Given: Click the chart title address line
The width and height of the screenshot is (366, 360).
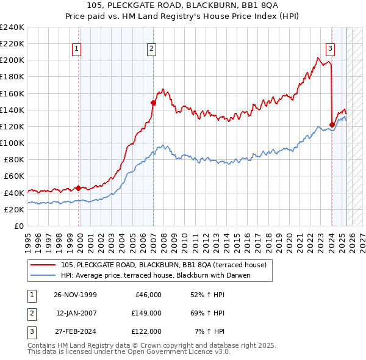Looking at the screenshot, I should click(182, 5).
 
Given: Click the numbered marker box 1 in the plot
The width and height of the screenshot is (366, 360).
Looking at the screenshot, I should click(77, 49).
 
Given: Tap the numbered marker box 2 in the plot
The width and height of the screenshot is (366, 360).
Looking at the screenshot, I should click(151, 49).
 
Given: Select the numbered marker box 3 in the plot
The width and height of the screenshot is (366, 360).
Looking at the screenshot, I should click(330, 49).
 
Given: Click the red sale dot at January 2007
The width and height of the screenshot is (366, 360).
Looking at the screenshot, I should click(153, 103).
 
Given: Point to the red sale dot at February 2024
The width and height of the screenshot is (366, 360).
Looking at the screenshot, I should click(332, 125).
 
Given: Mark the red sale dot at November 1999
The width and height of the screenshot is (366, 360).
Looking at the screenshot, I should click(79, 188).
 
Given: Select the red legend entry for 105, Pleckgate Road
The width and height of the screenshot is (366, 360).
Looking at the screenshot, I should click(163, 265).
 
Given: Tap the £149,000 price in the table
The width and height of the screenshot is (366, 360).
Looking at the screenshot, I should click(146, 313).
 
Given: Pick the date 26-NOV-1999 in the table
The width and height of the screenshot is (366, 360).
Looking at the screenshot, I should click(75, 295).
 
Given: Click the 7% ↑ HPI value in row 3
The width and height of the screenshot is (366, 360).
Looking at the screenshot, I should click(209, 331).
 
